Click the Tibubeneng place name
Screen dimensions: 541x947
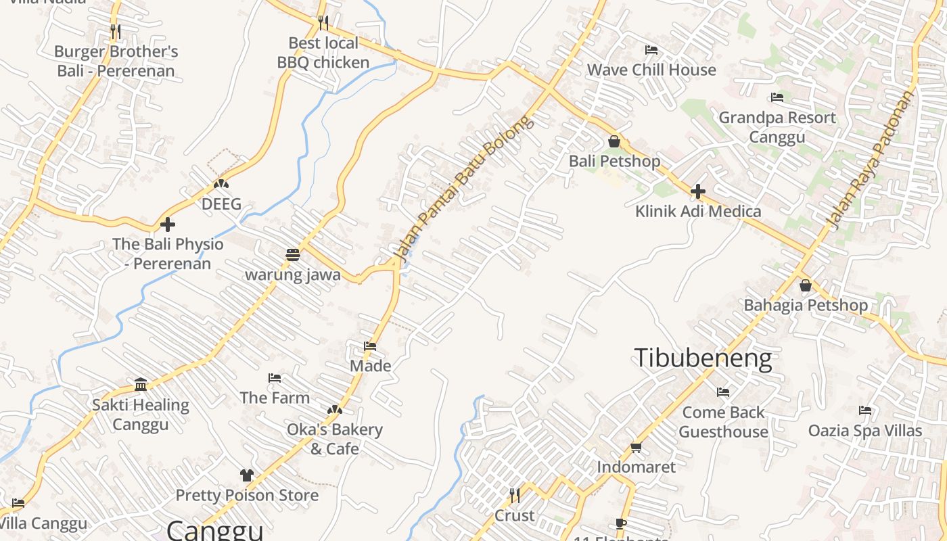[703, 358]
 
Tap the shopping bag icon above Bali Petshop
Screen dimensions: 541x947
[614, 141]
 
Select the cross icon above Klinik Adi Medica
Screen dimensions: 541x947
[698, 191]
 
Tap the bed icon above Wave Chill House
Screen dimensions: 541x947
[651, 50]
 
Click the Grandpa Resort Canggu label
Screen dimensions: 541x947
[777, 127]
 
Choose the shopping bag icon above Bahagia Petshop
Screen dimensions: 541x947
[806, 285]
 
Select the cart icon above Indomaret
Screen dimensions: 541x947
[636, 447]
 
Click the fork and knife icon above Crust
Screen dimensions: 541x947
[515, 496]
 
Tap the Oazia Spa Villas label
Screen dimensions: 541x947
[865, 431]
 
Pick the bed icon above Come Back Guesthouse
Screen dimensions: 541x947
[723, 392]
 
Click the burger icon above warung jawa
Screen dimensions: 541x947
[293, 255]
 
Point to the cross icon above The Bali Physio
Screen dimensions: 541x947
[168, 225]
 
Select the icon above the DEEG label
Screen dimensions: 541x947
[221, 184]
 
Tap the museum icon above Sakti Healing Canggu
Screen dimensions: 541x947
[141, 385]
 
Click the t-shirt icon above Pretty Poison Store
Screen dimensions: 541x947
[247, 475]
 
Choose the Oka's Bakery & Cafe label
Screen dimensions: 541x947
[335, 439]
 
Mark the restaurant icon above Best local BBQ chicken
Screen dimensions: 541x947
[323, 23]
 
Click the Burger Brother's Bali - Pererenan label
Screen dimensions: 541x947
[116, 61]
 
